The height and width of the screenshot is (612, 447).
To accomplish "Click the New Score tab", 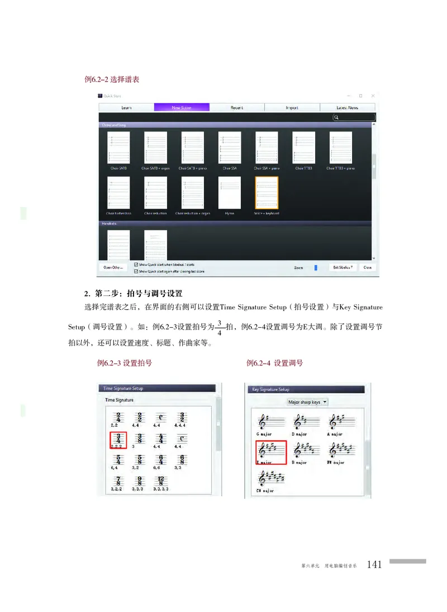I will tap(182, 107).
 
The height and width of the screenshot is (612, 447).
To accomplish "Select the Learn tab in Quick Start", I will tap(126, 107).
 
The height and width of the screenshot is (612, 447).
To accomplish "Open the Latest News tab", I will tap(347, 107).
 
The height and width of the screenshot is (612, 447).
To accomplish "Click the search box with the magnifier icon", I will tap(354, 117).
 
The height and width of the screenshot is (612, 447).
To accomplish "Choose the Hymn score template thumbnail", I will tap(229, 193).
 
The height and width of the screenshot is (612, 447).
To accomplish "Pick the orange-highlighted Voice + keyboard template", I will tap(266, 193).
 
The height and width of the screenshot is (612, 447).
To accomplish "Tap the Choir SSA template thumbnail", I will tap(229, 148).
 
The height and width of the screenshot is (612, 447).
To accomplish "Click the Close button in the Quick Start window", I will tap(367, 267).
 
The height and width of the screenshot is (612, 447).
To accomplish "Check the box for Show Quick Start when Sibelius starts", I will tap(136, 264).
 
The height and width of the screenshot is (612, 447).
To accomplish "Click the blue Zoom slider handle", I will tap(316, 268).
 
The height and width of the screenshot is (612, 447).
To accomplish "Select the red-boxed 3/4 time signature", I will tap(118, 440).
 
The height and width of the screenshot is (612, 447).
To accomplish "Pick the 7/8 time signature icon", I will tap(118, 481).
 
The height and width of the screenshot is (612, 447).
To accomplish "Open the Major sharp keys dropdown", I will tap(307, 402).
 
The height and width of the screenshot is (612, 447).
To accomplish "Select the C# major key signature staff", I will tap(270, 478).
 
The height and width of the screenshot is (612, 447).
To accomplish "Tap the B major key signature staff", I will tap(305, 450).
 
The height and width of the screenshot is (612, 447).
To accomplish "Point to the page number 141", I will tap(374, 564).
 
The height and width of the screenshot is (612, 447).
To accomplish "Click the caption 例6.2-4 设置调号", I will tap(275, 363).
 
